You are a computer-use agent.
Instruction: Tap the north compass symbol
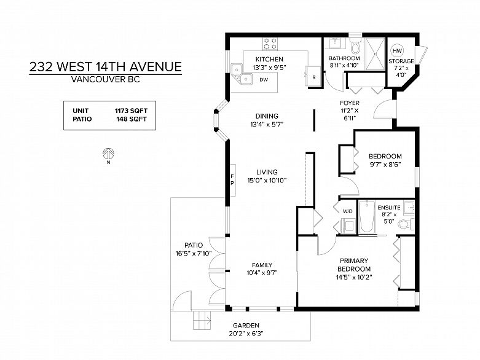[108, 154]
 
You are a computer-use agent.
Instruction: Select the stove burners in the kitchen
[270, 44]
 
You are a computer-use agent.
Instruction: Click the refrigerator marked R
[313, 77]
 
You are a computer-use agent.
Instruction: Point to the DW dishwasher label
[263, 80]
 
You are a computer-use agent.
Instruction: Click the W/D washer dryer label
[347, 211]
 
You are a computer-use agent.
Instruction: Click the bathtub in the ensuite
[366, 217]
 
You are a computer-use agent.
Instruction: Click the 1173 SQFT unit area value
[131, 111]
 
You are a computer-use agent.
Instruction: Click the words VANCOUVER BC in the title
[105, 79]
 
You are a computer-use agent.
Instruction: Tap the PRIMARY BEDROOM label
[355, 264]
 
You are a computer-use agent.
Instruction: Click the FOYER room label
[350, 103]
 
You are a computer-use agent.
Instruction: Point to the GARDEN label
[246, 326]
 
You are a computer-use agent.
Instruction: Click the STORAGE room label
[401, 61]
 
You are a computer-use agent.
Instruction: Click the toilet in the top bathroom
[355, 48]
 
